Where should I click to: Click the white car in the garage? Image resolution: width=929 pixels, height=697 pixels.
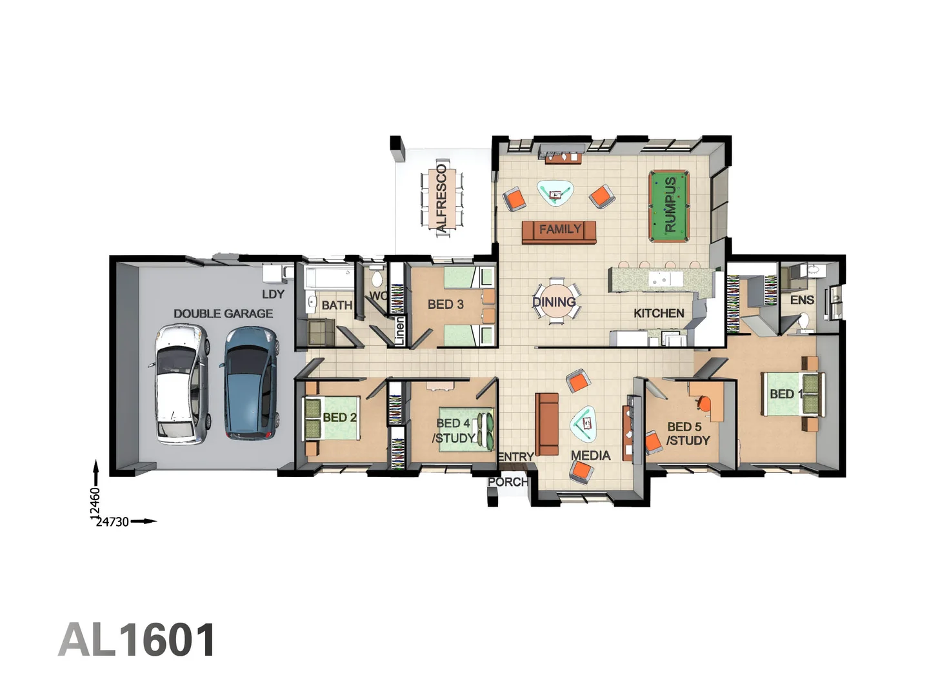click(181, 384)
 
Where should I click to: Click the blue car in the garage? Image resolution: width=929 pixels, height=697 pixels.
click(250, 383)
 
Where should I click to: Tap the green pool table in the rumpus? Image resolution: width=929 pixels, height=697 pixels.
click(669, 205)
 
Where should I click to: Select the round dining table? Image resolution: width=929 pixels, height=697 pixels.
click(555, 302)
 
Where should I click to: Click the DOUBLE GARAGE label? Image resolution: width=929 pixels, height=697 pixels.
click(223, 314)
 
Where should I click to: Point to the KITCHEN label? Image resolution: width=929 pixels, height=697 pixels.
click(659, 313)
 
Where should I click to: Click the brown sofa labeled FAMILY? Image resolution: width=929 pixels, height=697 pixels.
click(559, 231)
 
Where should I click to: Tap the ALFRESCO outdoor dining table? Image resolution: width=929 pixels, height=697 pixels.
click(442, 199)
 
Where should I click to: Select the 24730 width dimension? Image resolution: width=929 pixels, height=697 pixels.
click(112, 521)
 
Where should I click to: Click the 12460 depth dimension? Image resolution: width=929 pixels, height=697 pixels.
click(95, 503)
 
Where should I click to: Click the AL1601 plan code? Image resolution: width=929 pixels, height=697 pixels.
click(137, 640)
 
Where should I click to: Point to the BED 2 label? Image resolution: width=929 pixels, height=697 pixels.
click(339, 418)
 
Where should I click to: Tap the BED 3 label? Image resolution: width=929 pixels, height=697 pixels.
click(445, 304)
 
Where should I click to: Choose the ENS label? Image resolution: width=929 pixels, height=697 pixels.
click(802, 300)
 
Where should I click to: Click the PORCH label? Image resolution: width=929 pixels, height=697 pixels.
click(507, 481)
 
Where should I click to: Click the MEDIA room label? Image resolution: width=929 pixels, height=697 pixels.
click(590, 456)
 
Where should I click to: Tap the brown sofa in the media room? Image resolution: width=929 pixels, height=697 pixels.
click(547, 424)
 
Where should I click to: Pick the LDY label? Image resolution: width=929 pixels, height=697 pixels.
click(273, 294)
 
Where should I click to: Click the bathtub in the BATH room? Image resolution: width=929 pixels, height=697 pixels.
click(329, 279)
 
